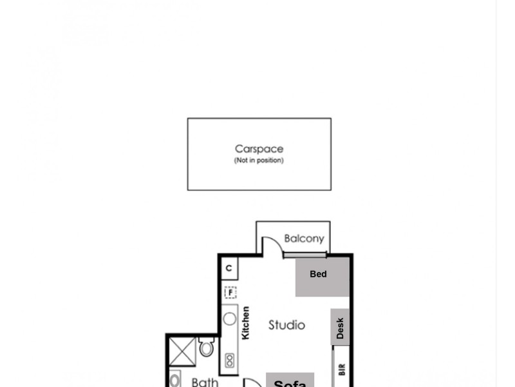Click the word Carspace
click(259, 149)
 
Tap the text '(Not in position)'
click(259, 161)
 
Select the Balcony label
click(304, 239)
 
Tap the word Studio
click(286, 325)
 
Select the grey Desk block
click(340, 328)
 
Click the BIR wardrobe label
click(342, 370)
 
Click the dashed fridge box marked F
click(230, 293)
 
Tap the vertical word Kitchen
click(245, 323)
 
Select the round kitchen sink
click(229, 319)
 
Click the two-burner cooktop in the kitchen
click(229, 361)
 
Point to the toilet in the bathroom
click(207, 348)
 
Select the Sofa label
click(290, 382)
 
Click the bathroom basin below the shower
click(175, 380)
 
